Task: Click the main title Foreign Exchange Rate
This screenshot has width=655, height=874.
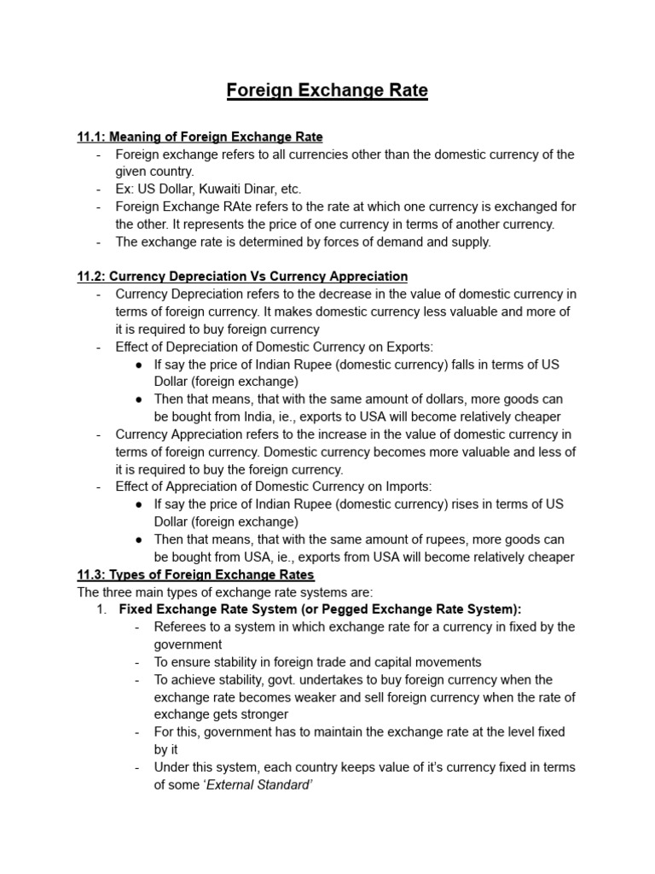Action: [327, 90]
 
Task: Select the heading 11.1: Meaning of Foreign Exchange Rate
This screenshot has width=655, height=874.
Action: [200, 137]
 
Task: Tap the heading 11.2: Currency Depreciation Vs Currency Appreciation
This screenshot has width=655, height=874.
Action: [242, 277]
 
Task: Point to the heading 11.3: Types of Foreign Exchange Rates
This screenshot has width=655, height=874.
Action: [195, 574]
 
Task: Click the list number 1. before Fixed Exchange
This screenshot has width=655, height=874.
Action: [101, 609]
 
